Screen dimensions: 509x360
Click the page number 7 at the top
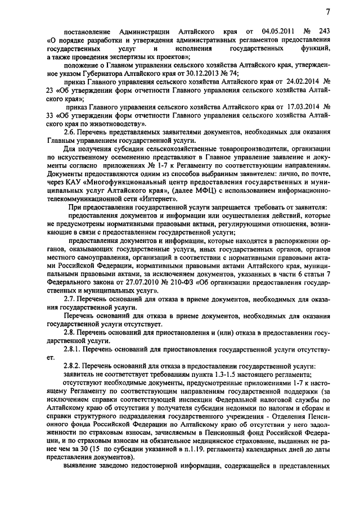point(327,12)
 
